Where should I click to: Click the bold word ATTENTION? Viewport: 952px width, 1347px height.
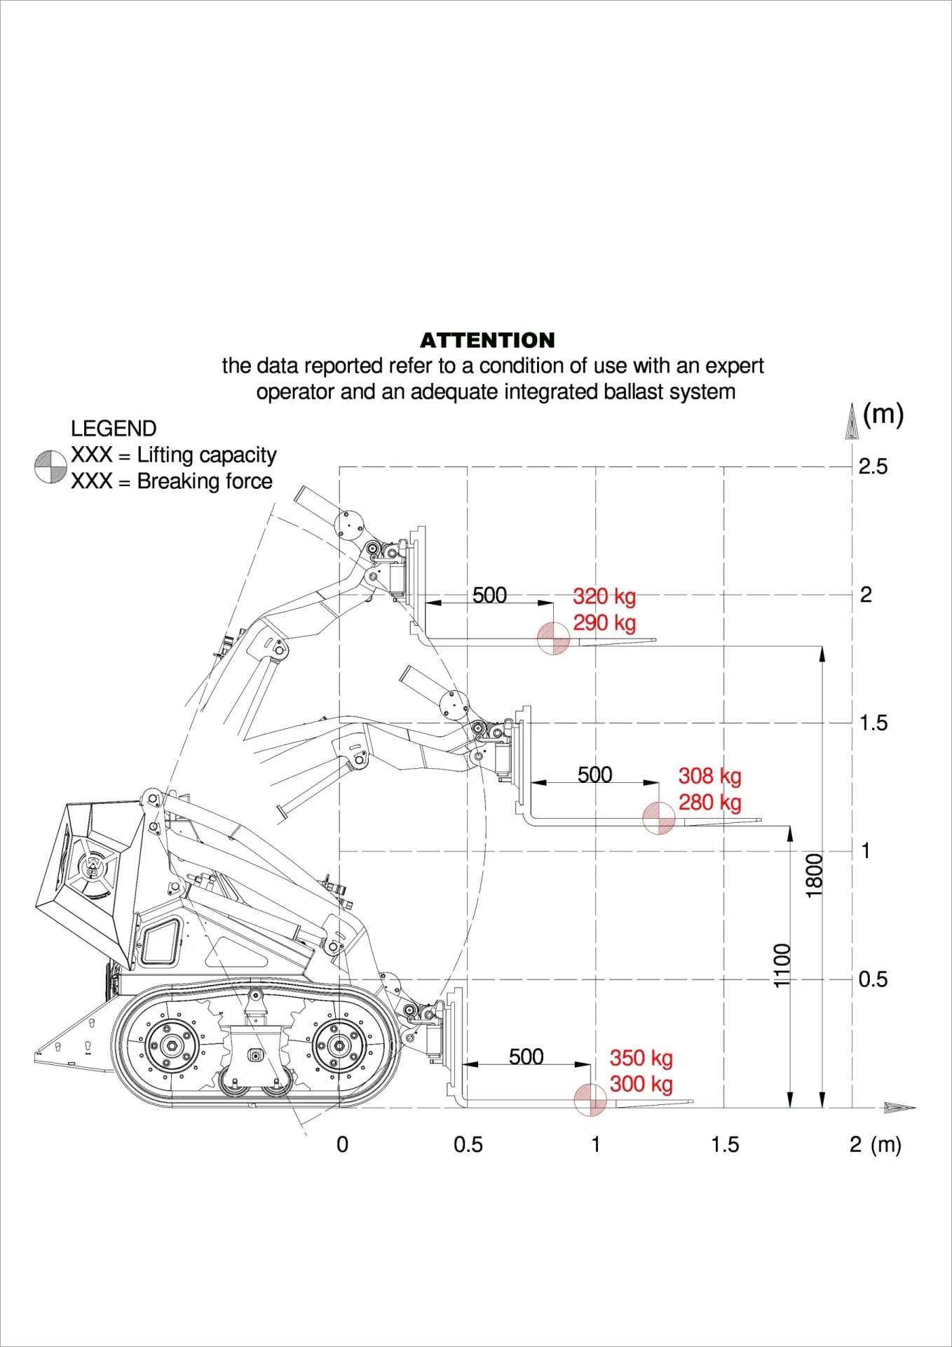(x=487, y=340)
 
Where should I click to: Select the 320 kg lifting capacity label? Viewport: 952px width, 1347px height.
(x=604, y=596)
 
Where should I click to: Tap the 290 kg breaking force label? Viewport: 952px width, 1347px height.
(x=604, y=622)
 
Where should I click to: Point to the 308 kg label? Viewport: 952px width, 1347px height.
(x=709, y=776)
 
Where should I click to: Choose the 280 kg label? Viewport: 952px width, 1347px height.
(x=709, y=802)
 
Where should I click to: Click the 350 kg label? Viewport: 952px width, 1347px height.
(x=641, y=1058)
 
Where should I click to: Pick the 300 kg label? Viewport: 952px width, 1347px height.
(x=641, y=1084)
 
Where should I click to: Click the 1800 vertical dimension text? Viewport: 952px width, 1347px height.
(x=814, y=876)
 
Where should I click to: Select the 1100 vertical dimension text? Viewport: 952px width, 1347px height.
(x=782, y=965)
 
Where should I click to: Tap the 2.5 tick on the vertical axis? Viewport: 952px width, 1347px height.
(x=873, y=467)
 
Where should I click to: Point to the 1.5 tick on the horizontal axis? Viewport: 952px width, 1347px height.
(x=725, y=1145)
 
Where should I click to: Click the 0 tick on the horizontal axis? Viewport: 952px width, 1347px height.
(x=342, y=1145)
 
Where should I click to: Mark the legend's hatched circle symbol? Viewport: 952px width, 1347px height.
(x=50, y=467)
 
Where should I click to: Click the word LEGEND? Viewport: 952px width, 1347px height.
(x=114, y=429)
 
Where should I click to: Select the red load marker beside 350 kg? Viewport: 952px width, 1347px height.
(x=590, y=1100)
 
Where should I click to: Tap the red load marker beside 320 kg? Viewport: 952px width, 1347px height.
(x=553, y=638)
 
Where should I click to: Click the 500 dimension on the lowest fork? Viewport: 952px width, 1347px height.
(x=526, y=1057)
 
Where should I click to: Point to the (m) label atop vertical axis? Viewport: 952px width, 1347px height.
(x=883, y=414)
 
